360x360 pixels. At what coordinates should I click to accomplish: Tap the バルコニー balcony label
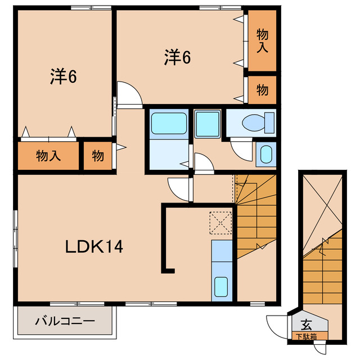click(x=65, y=322)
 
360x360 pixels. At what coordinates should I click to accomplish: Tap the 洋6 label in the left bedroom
click(x=62, y=76)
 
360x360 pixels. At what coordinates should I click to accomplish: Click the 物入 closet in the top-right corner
click(x=262, y=40)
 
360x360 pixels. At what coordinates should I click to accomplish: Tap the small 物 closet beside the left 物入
click(x=98, y=156)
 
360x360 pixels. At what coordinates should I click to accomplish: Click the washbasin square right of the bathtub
click(x=208, y=122)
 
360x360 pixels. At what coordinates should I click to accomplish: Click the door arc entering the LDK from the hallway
click(x=178, y=187)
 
